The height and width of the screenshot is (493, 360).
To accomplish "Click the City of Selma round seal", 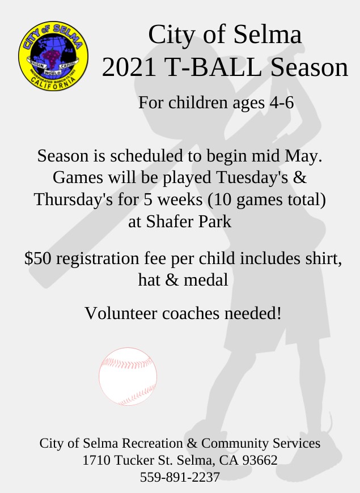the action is (x=53, y=56).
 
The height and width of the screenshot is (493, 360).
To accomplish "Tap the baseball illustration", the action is (x=128, y=376).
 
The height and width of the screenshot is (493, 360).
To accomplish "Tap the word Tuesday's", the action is (x=252, y=177).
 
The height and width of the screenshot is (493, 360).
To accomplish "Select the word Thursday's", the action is (x=73, y=199).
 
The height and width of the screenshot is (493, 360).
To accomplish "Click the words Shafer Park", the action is (x=188, y=222).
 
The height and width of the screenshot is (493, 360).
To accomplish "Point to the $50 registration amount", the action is (x=37, y=258).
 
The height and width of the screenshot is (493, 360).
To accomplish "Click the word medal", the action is (x=206, y=279).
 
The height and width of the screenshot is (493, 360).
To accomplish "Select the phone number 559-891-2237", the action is (x=180, y=477).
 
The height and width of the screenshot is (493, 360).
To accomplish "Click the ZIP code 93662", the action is (x=260, y=460).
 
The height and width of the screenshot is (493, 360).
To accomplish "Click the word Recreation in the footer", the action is (x=153, y=443).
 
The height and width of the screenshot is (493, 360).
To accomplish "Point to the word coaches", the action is (x=190, y=313).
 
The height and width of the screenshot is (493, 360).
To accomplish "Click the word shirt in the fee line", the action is (x=324, y=258).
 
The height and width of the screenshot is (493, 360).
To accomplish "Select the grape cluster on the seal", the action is (x=51, y=58).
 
